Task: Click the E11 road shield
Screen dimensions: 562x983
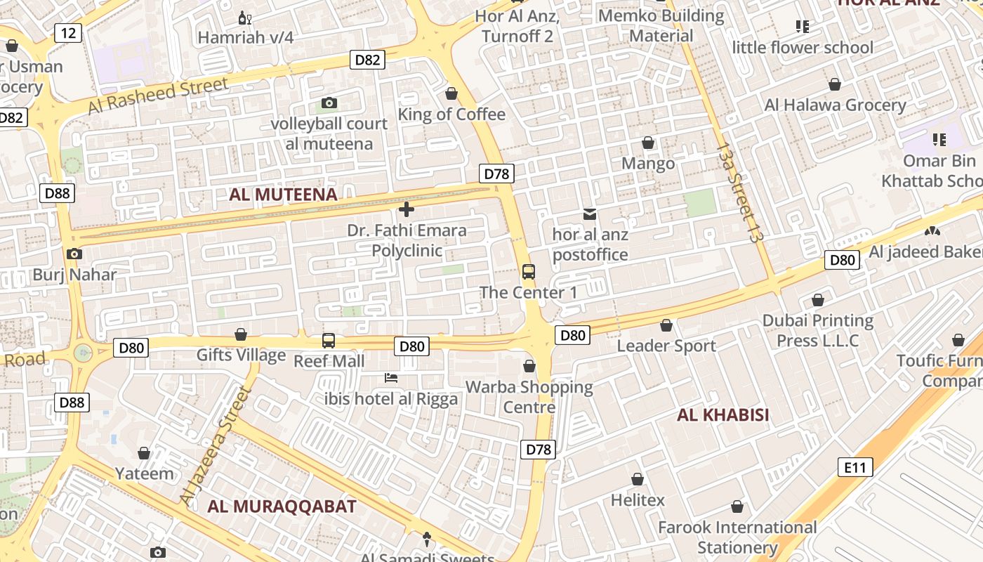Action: point(855,466)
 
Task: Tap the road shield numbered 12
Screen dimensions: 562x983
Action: point(68,32)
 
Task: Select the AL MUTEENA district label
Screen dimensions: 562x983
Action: point(283,195)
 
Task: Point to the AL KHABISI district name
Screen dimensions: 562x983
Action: point(723,415)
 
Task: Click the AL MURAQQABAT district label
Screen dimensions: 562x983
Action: point(282,507)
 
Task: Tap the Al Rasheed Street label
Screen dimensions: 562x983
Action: point(158,96)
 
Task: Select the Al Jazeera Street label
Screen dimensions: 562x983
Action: point(215,445)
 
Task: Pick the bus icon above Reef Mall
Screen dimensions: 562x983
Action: point(328,341)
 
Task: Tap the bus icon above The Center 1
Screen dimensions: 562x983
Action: point(529,272)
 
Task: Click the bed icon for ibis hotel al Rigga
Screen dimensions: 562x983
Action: point(391,378)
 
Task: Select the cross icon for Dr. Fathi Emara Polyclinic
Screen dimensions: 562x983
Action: point(406,209)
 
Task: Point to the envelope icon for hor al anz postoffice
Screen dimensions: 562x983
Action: point(590,214)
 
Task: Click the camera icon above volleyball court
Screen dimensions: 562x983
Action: point(329,103)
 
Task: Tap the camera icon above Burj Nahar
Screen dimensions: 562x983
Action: point(74,254)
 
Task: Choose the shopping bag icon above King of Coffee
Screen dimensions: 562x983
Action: point(451,93)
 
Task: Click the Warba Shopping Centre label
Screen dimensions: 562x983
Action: point(529,397)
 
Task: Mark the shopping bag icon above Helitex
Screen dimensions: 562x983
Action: point(637,480)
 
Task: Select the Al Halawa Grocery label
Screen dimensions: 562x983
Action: point(835,105)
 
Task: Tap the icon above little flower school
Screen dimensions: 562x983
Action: point(803,27)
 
